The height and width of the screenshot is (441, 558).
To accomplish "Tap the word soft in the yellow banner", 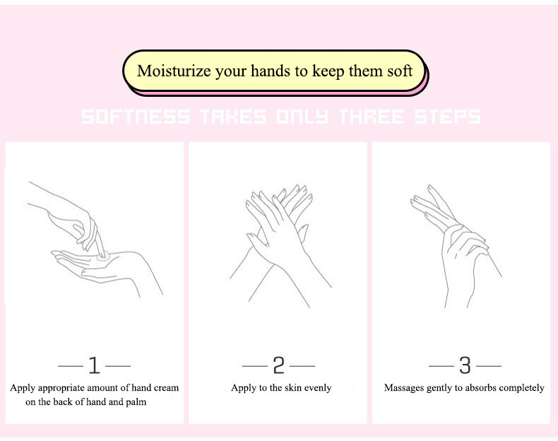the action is [x=400, y=71].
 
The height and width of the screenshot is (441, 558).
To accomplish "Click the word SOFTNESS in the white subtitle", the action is [x=136, y=117].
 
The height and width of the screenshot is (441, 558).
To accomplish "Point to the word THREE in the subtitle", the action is [x=372, y=117].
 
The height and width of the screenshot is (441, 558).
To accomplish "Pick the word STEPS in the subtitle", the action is [x=448, y=117].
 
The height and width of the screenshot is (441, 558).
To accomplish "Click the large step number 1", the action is [x=95, y=365].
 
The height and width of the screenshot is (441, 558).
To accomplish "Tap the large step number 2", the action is [x=278, y=365].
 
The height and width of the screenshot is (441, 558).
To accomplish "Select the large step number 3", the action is [x=465, y=365].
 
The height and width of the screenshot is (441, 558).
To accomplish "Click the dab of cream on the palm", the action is [x=103, y=257].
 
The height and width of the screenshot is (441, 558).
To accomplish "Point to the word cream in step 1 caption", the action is [x=165, y=387].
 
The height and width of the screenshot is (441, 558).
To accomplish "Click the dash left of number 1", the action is [x=70, y=366].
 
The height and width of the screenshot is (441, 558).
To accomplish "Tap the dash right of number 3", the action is [x=489, y=366].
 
